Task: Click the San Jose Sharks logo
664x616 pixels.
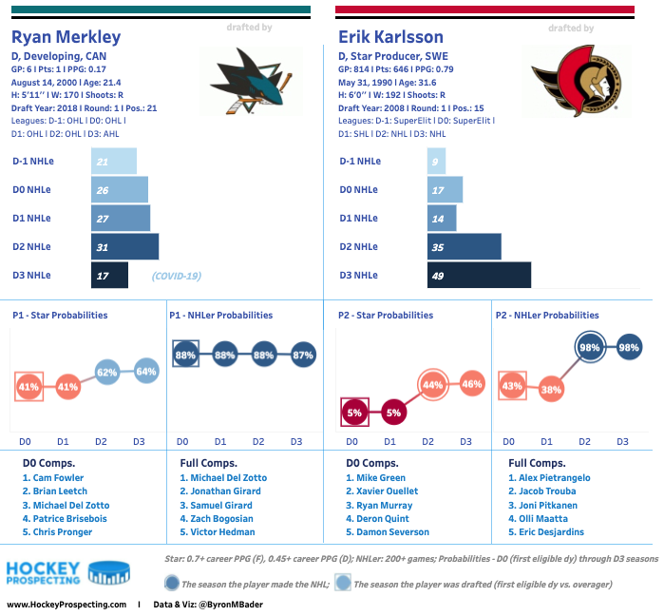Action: pyautogui.click(x=246, y=81)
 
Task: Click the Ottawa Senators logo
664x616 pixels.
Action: pyautogui.click(x=570, y=81)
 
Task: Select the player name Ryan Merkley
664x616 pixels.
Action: pyautogui.click(x=66, y=38)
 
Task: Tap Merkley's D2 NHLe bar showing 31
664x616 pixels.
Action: pyautogui.click(x=124, y=246)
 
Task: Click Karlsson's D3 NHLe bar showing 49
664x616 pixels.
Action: pyautogui.click(x=478, y=275)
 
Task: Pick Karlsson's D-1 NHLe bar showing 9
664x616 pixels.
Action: pyautogui.click(x=437, y=161)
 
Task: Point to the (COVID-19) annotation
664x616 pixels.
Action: pyautogui.click(x=177, y=276)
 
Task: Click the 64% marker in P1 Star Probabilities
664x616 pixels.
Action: pyautogui.click(x=145, y=370)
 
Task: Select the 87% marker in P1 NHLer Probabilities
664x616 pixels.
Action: pyautogui.click(x=302, y=355)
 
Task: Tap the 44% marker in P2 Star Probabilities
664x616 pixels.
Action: pyautogui.click(x=432, y=385)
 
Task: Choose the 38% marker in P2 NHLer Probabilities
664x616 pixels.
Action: pyautogui.click(x=551, y=388)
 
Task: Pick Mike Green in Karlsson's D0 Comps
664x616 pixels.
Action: pyautogui.click(x=380, y=478)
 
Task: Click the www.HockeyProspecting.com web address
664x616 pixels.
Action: pyautogui.click(x=66, y=605)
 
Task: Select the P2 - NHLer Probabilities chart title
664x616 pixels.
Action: pyautogui.click(x=547, y=316)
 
